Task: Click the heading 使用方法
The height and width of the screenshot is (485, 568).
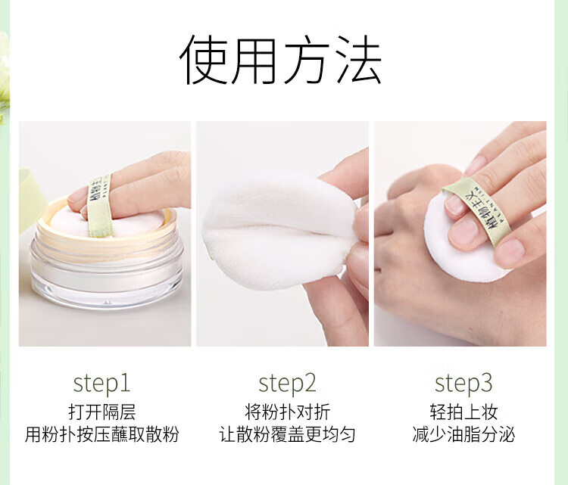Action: click(x=280, y=60)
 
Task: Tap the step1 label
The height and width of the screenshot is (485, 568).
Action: click(x=101, y=384)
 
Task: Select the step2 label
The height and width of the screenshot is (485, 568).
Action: click(x=287, y=384)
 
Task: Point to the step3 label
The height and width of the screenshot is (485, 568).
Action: click(x=463, y=384)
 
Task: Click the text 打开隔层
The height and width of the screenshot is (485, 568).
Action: click(x=101, y=412)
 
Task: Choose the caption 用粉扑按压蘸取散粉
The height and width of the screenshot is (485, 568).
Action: click(x=101, y=434)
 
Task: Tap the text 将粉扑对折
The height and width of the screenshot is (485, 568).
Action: click(x=287, y=412)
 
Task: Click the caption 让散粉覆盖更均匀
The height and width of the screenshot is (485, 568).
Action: click(x=287, y=434)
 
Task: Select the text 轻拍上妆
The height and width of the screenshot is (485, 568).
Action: click(x=463, y=412)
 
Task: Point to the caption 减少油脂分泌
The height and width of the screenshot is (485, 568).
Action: click(x=463, y=434)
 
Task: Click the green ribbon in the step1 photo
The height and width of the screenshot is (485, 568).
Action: click(x=98, y=206)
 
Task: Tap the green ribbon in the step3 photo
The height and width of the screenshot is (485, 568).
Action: click(x=478, y=207)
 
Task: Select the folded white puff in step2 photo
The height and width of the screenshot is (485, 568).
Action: click(x=277, y=232)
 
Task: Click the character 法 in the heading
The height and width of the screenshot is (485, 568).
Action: click(x=359, y=60)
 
